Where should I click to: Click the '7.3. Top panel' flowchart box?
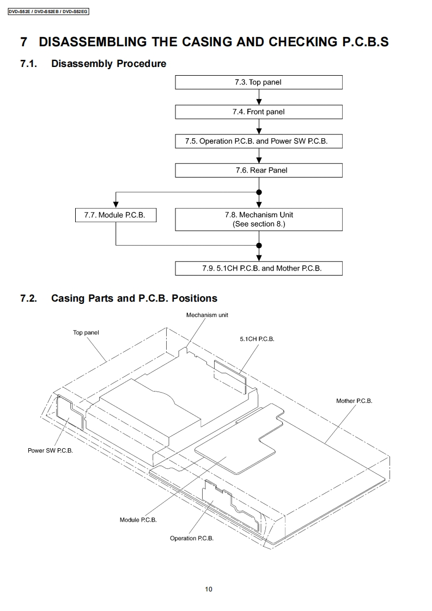coord(259,82)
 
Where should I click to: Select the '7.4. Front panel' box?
coord(259,112)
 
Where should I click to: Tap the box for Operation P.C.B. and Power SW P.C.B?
coord(259,141)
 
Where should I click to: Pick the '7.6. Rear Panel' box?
coord(259,170)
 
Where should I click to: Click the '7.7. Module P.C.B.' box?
coord(115,215)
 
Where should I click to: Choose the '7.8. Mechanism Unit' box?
coord(259,219)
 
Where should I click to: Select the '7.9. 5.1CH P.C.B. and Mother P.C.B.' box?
coord(259,268)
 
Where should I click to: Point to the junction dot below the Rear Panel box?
coord(259,192)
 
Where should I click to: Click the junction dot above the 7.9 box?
coord(259,246)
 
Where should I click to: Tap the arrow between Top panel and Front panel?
coord(259,97)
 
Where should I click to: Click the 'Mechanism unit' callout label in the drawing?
coord(207,315)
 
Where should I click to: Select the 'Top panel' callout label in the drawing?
coord(86,333)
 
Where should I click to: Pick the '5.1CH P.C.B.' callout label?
coord(257,339)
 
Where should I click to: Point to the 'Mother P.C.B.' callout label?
coord(354,401)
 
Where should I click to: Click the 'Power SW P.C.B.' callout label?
coord(50,451)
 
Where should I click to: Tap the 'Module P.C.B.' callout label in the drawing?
coord(138,520)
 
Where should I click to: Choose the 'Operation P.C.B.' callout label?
coord(192,538)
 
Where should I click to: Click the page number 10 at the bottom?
coord(209,589)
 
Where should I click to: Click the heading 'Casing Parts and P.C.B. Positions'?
coord(134,298)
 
